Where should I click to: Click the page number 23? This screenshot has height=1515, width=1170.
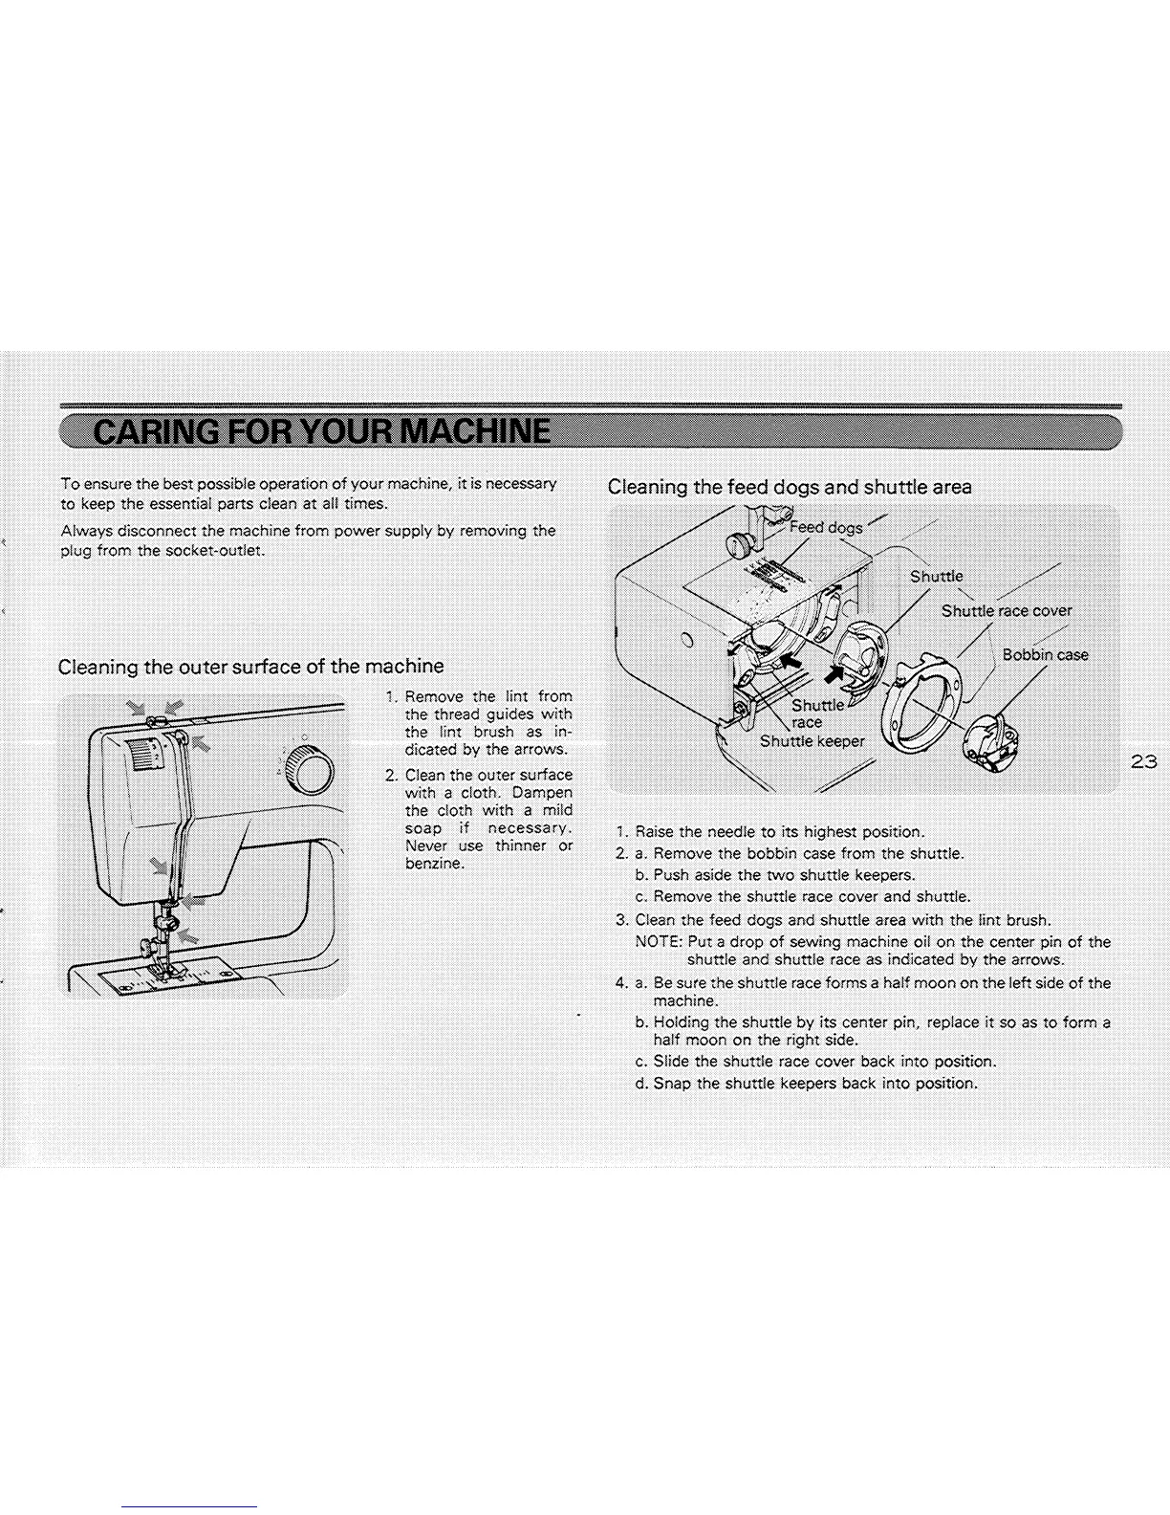coord(1143,762)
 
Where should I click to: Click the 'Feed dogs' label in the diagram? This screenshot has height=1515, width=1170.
coord(826,527)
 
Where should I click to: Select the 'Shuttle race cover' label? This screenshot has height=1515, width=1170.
coord(1006,611)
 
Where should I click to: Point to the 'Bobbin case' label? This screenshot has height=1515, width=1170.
coord(1045,655)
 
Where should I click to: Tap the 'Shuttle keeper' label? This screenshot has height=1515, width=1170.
coord(812,741)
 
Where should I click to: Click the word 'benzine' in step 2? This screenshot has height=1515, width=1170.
coord(435,864)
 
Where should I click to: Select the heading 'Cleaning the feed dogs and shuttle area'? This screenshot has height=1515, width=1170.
coord(790,487)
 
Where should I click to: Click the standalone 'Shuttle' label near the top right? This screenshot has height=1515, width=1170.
coord(936,577)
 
